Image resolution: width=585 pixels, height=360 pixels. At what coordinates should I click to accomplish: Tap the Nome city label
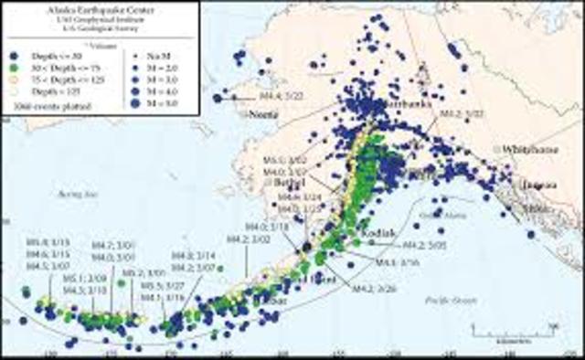tap(264, 115)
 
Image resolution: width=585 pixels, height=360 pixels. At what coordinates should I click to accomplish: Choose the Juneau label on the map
tap(537, 185)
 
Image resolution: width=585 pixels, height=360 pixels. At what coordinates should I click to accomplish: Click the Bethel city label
tap(288, 182)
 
